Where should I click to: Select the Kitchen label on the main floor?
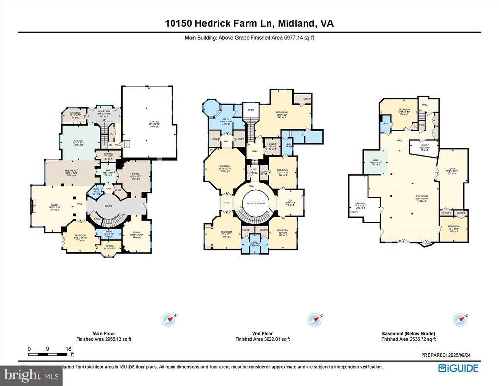(78, 141)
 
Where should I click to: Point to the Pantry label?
(108, 156)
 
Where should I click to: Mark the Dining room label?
(135, 176)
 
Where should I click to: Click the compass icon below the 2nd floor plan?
(313, 320)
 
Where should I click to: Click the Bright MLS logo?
(32, 376)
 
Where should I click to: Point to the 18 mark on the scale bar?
(69, 349)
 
